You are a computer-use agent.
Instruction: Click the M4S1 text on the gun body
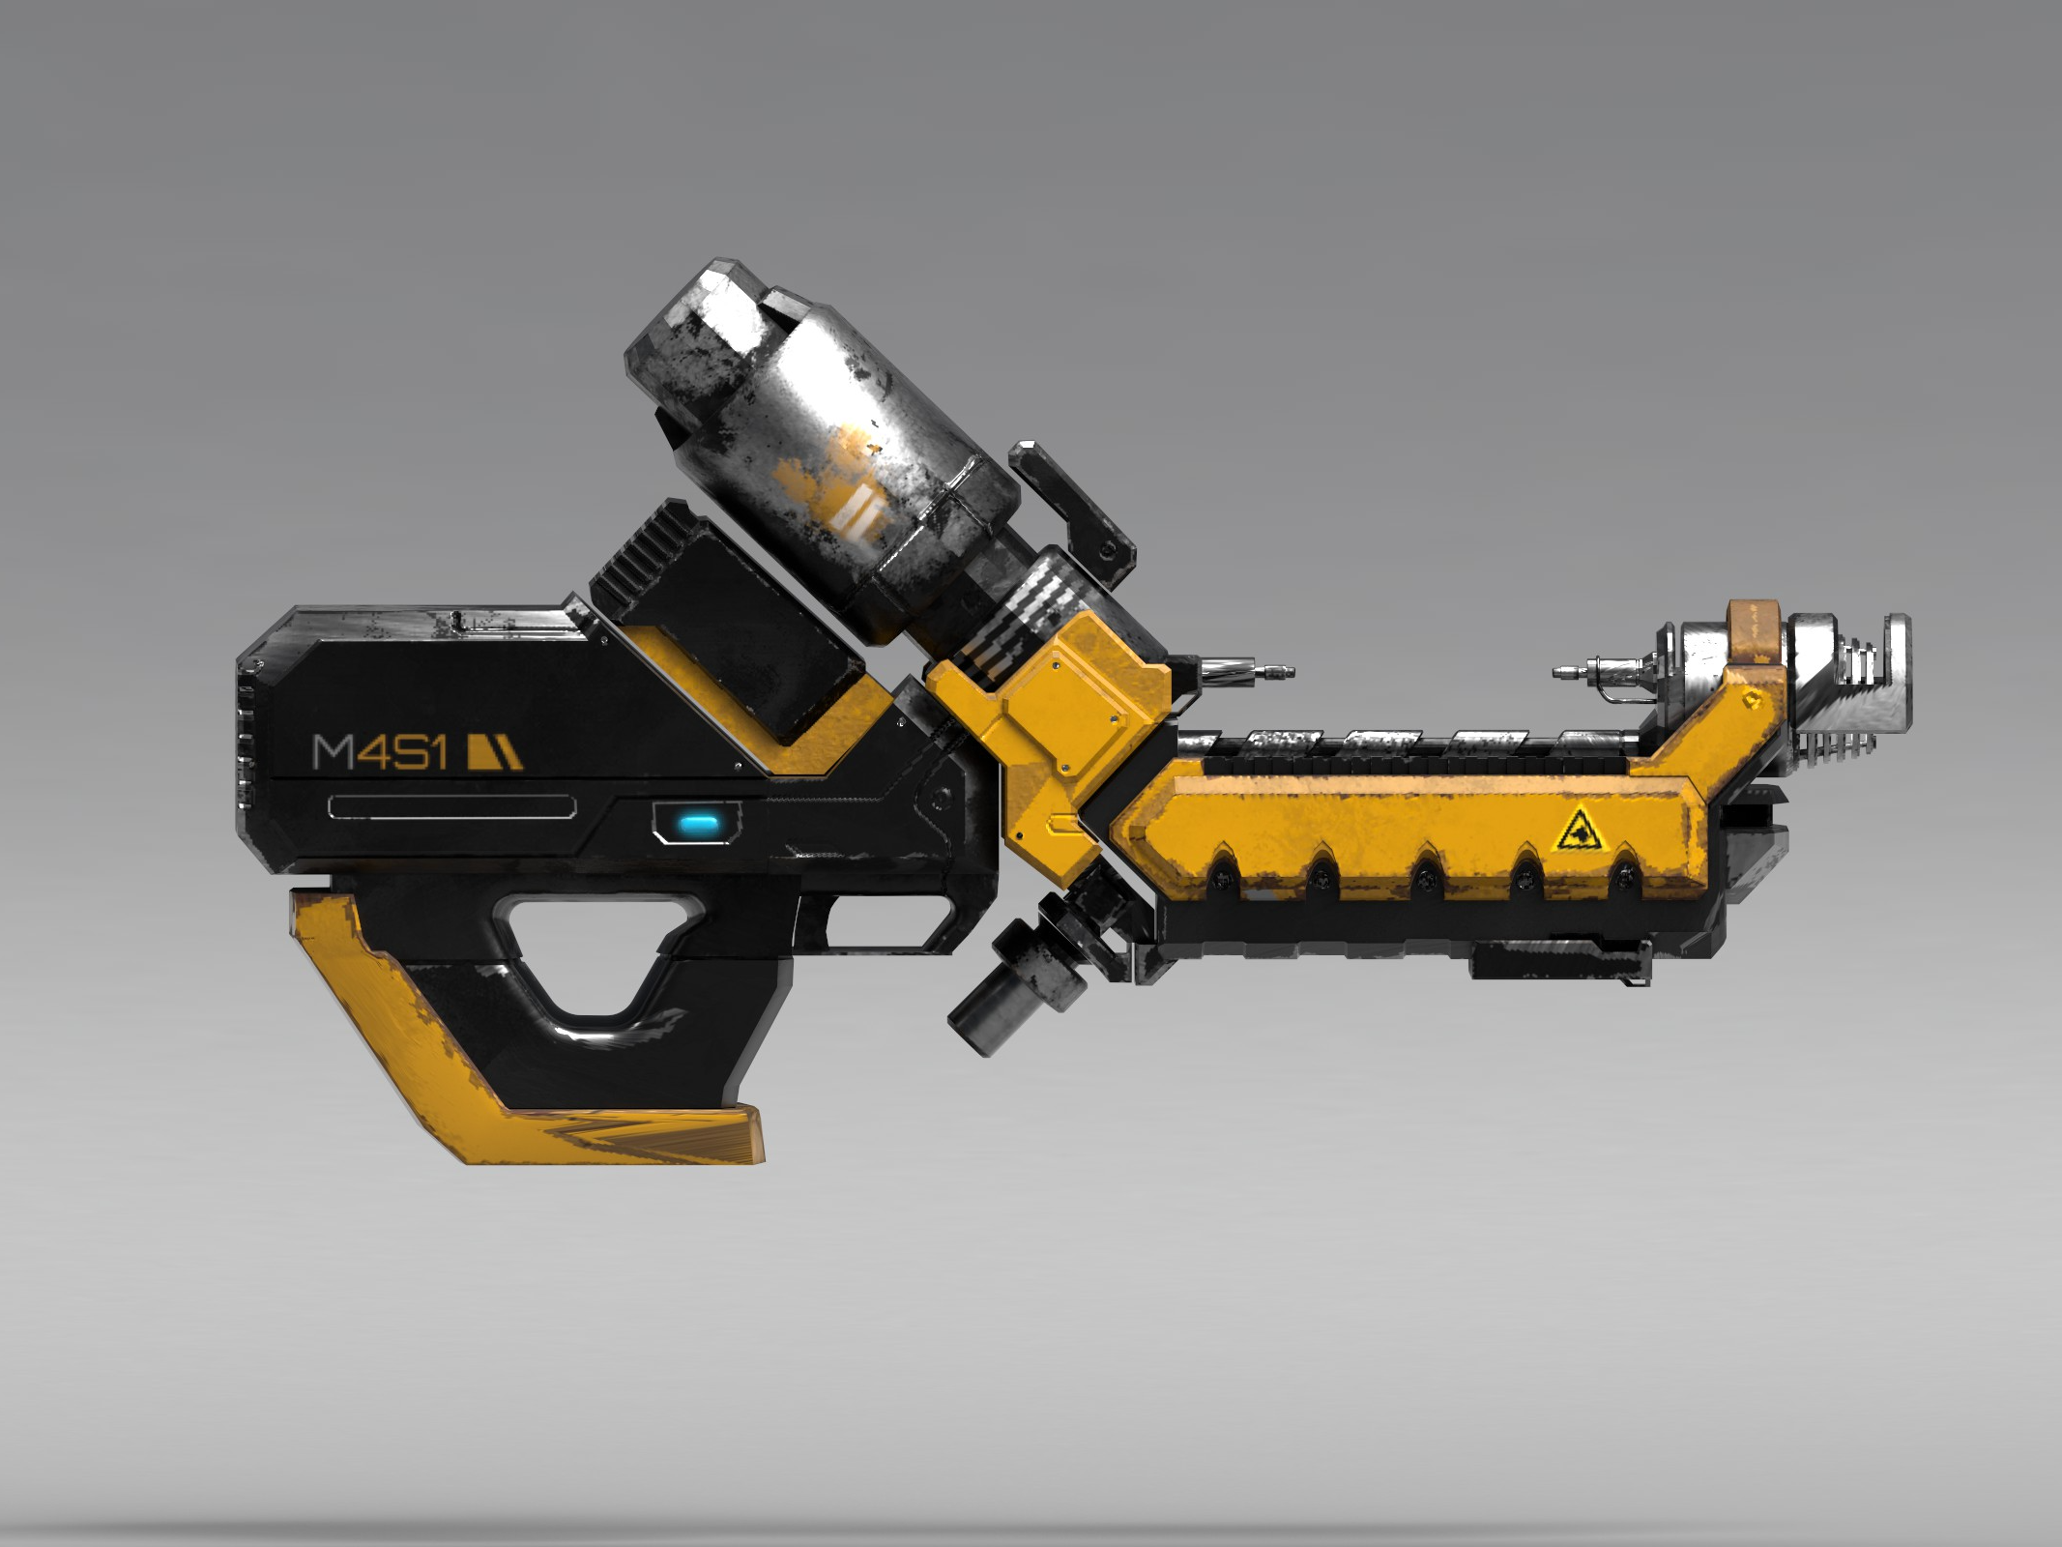tap(379, 752)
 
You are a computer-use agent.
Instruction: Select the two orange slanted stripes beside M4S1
tap(494, 753)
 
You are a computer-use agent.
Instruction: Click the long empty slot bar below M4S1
tap(452, 805)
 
